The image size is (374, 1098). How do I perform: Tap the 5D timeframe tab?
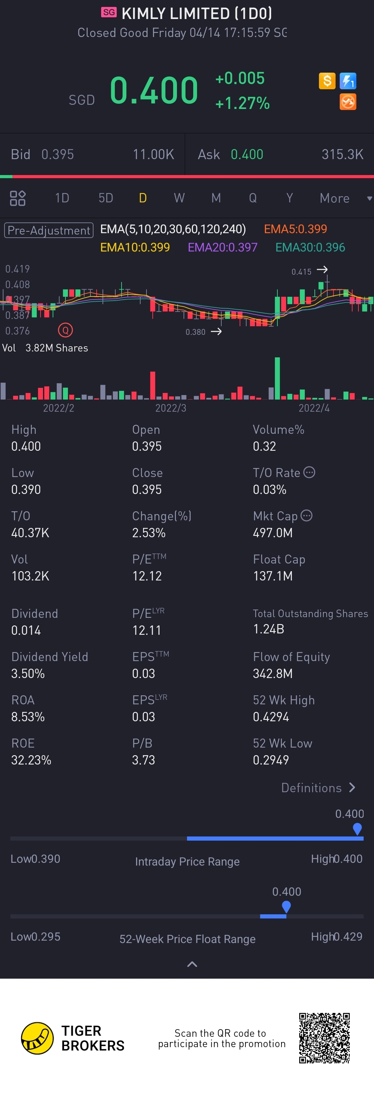106,198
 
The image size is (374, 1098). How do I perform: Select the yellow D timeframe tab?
143,198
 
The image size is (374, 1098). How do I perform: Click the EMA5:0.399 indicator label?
295,229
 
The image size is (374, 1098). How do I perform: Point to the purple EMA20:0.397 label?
223,247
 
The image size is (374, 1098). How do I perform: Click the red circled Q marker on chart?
65,330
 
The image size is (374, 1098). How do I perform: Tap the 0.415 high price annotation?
302,272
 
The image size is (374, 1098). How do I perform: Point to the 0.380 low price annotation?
196,332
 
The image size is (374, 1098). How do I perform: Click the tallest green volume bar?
277,378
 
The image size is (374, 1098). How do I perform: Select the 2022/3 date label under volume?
171,408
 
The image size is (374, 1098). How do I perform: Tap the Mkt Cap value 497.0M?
273,533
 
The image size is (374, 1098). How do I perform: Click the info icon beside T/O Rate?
309,472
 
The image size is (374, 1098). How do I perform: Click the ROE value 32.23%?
31,760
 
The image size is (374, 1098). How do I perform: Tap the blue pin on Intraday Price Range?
357,828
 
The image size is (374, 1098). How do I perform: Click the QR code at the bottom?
324,1038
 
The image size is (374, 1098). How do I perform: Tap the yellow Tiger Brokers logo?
37,1038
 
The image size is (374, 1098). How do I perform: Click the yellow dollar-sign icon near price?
327,81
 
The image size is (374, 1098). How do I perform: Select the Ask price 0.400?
247,154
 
